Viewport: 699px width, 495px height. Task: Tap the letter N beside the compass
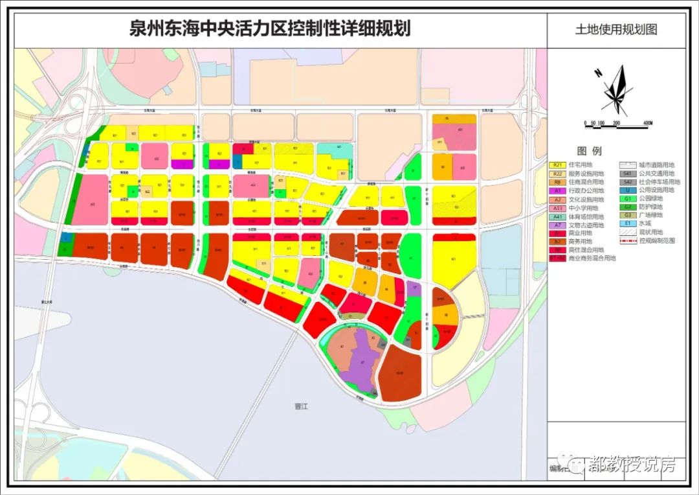tap(599, 73)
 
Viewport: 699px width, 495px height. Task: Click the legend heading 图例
tap(589, 151)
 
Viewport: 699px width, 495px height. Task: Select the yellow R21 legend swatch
tap(557, 165)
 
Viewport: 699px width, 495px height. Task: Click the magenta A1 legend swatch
tap(557, 190)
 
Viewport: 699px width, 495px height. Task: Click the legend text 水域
tap(643, 224)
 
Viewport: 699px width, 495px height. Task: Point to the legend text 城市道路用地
tap(656, 165)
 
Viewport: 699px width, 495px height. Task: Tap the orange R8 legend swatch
tap(557, 182)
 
